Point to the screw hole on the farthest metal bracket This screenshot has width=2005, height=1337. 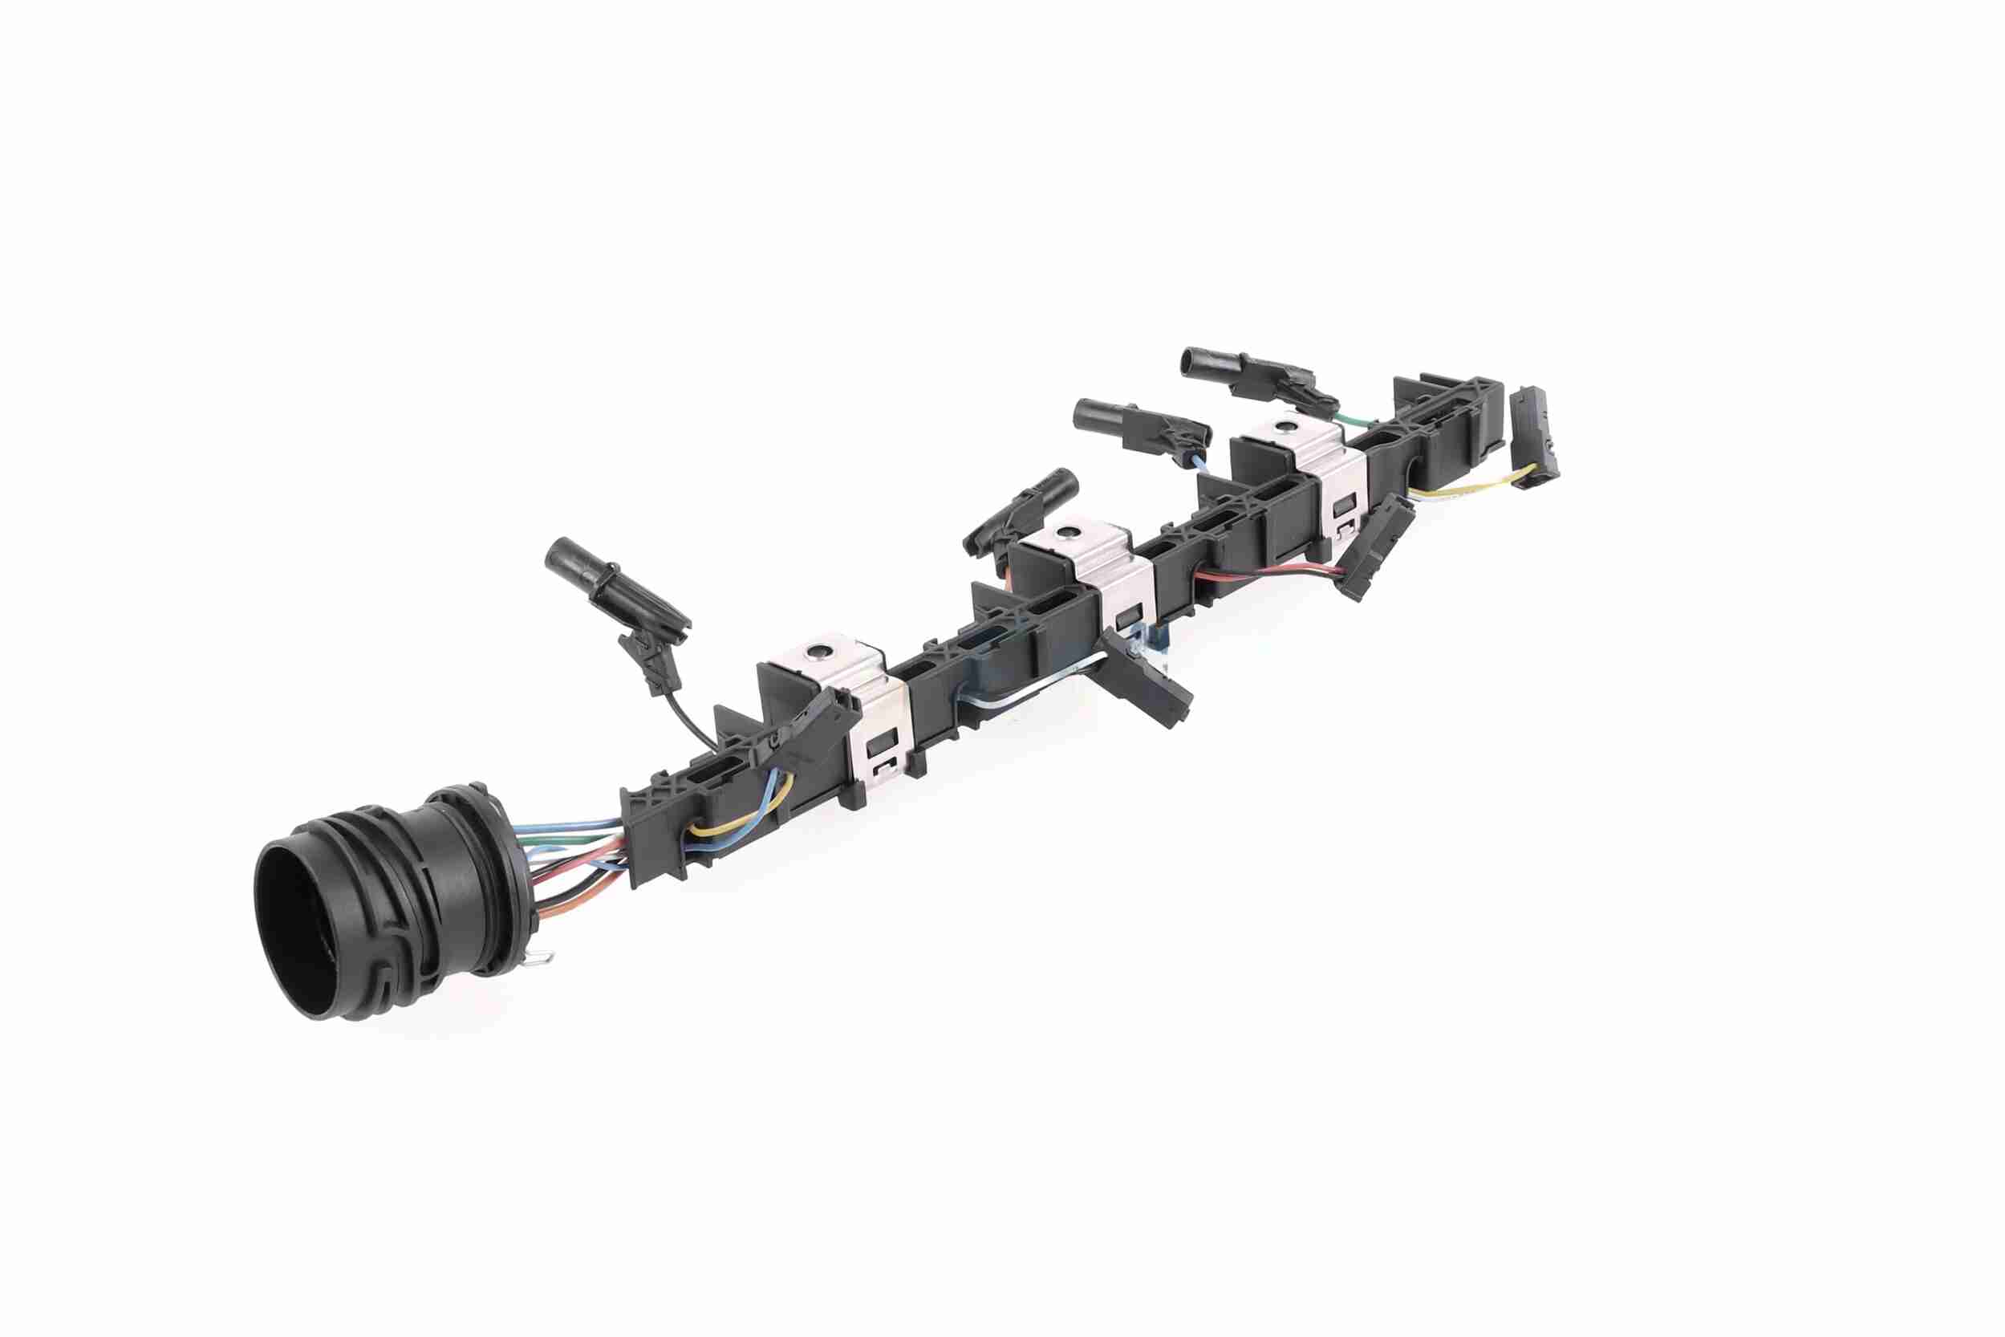[1282, 425]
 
